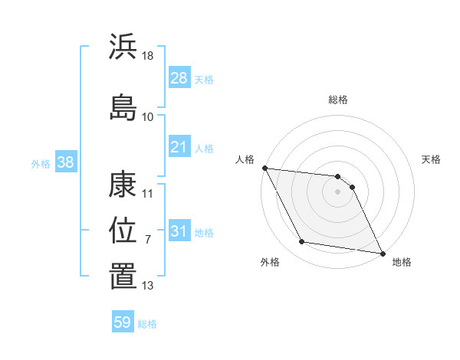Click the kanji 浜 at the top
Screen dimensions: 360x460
click(x=123, y=47)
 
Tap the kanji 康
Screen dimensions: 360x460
click(x=123, y=185)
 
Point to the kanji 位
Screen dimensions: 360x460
click(x=123, y=230)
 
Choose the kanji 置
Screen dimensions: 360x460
click(x=123, y=276)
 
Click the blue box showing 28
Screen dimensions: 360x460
click(x=179, y=77)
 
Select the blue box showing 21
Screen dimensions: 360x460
click(x=179, y=147)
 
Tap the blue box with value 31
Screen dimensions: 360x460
click(x=179, y=231)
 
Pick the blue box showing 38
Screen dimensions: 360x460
click(x=65, y=163)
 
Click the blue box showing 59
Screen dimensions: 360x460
click(x=123, y=322)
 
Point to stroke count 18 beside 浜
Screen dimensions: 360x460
click(x=148, y=57)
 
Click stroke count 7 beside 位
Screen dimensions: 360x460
click(x=148, y=240)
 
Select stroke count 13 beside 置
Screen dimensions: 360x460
click(x=148, y=286)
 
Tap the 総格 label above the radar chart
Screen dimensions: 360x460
click(x=338, y=100)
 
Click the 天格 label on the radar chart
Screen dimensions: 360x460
click(x=431, y=159)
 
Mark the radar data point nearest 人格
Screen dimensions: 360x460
click(x=264, y=168)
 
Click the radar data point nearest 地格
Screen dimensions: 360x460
click(x=381, y=253)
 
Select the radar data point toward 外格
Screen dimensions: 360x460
click(x=302, y=242)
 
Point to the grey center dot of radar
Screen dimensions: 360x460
click(x=338, y=191)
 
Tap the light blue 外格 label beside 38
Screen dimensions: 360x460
click(x=41, y=164)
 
